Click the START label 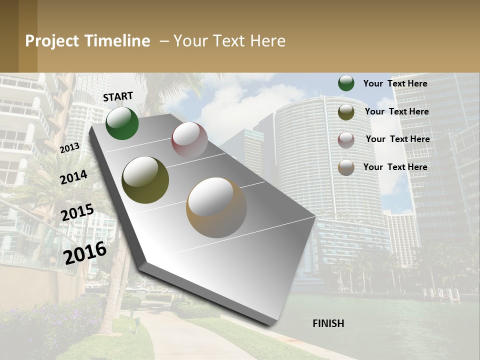click(118, 96)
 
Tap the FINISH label click(328, 323)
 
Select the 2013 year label click(69, 147)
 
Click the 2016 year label click(85, 252)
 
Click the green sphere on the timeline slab click(122, 123)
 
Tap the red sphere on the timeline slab click(189, 139)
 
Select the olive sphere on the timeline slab click(145, 179)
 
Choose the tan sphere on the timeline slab click(216, 207)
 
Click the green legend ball click(346, 83)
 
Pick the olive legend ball click(346, 111)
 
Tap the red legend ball click(346, 139)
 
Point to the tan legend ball click(346, 167)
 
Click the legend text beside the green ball click(395, 83)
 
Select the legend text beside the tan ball click(395, 167)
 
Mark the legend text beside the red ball click(397, 139)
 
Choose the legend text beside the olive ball click(396, 111)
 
